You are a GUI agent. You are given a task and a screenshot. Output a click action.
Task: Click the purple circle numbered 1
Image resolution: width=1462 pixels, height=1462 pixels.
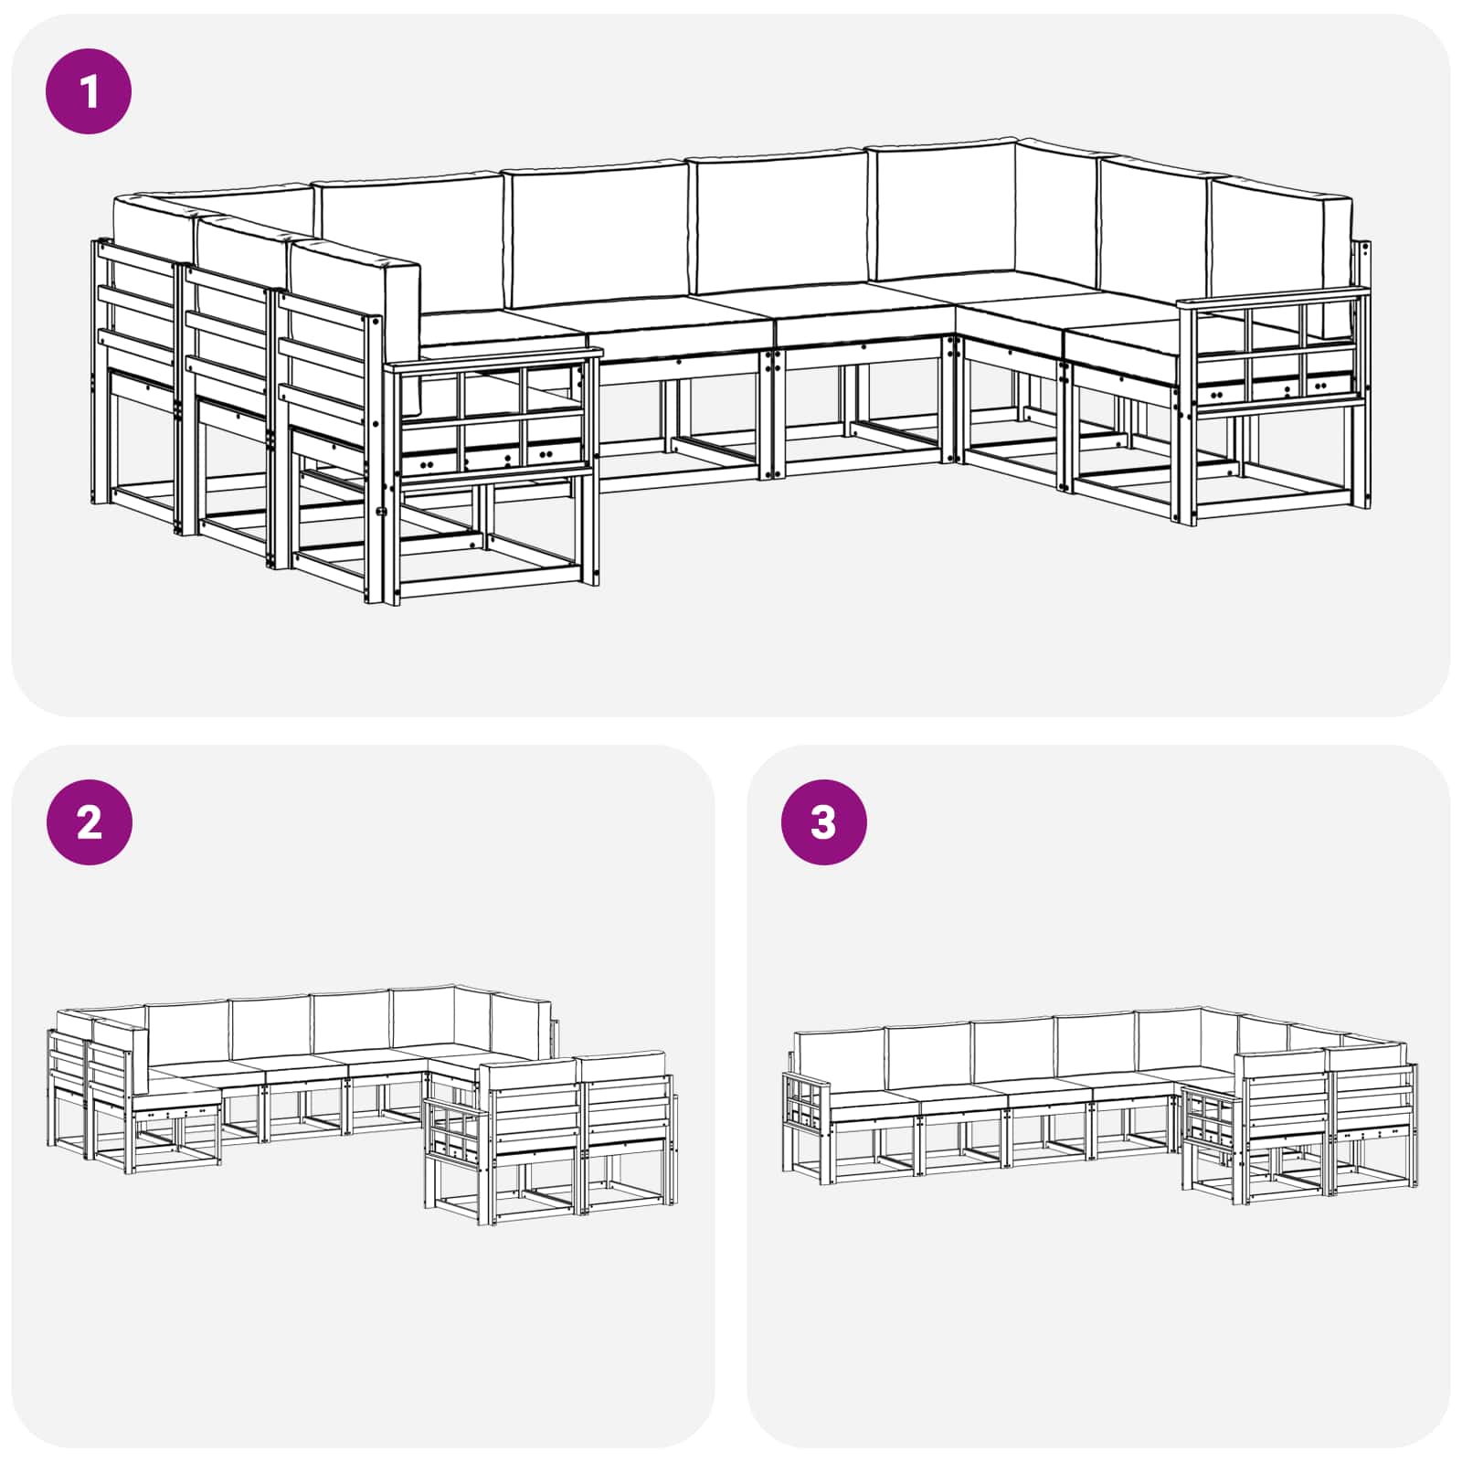(89, 91)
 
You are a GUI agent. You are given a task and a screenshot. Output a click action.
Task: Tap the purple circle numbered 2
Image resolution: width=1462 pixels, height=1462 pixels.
(89, 822)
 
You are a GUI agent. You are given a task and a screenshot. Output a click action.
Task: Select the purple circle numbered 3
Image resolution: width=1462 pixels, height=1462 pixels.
(823, 822)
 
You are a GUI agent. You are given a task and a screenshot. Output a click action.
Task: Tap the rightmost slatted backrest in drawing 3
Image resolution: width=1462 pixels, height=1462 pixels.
(1371, 1096)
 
